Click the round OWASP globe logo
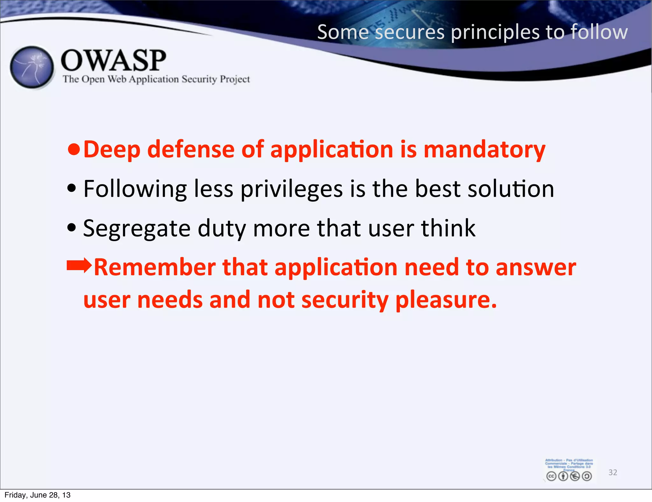point(32,67)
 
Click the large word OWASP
point(113,61)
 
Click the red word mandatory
point(484,150)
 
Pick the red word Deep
point(111,150)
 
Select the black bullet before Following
point(72,188)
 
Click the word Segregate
point(137,229)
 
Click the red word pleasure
point(446,300)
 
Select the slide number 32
point(613,472)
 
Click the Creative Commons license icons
point(569,476)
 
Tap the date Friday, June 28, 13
point(38,495)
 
